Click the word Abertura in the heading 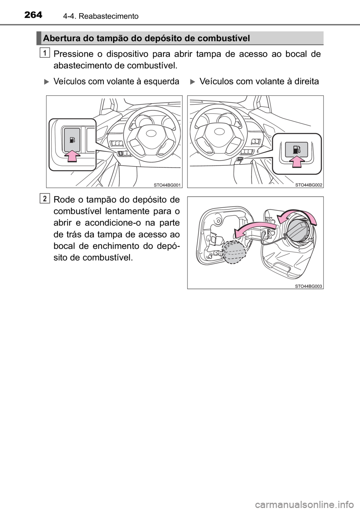pyautogui.click(x=60, y=38)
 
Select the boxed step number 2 pyautogui.click(x=45, y=199)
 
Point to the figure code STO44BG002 pyautogui.click(x=308, y=184)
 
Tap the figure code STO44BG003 pyautogui.click(x=308, y=286)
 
